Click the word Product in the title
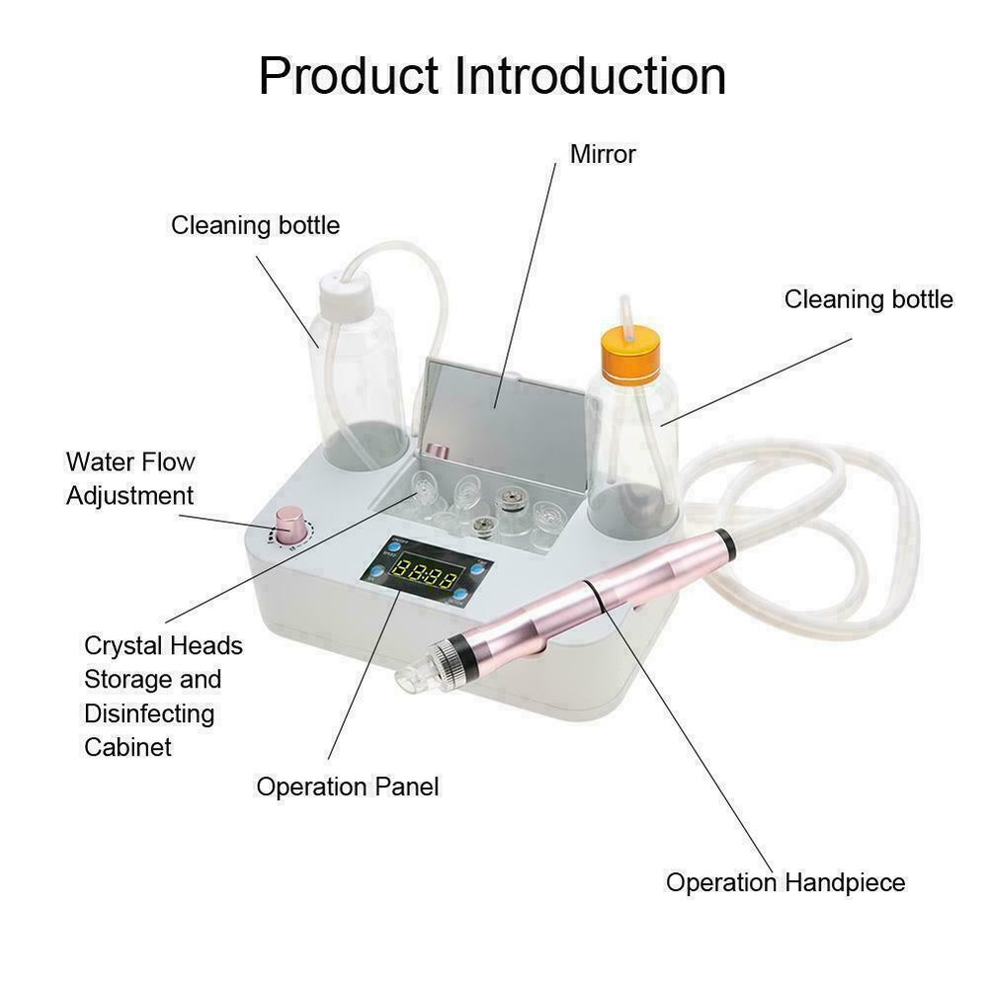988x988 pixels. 349,76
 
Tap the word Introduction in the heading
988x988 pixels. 591,76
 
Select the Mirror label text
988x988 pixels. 603,154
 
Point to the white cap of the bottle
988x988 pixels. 343,290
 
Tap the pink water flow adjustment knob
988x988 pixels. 289,526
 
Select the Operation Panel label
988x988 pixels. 347,787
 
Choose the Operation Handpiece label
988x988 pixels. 785,882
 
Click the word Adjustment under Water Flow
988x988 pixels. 129,496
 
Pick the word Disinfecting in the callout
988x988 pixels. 149,713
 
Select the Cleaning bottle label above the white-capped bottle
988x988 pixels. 255,225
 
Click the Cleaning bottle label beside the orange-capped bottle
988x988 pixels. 868,299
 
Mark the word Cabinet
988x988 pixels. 127,747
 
